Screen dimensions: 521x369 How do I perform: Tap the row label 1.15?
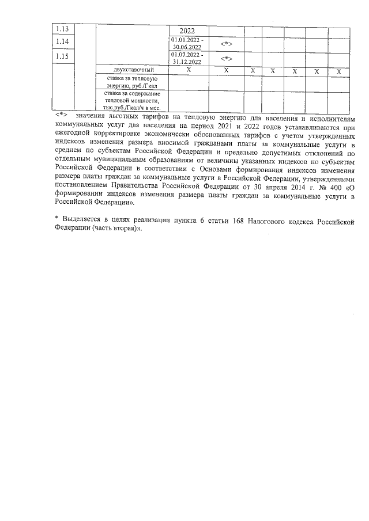click(x=61, y=56)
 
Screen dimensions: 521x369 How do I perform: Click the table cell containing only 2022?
click(x=188, y=31)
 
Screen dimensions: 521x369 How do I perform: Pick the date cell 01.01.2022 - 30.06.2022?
click(x=187, y=43)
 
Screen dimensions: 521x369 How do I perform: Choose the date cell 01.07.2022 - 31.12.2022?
click(x=187, y=57)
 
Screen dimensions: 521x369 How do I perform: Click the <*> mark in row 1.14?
click(x=226, y=44)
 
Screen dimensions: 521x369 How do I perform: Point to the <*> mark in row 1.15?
click(x=226, y=58)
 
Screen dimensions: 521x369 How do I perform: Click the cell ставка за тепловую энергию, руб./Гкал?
click(x=133, y=82)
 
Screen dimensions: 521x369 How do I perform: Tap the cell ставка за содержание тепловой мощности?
click(x=133, y=100)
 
